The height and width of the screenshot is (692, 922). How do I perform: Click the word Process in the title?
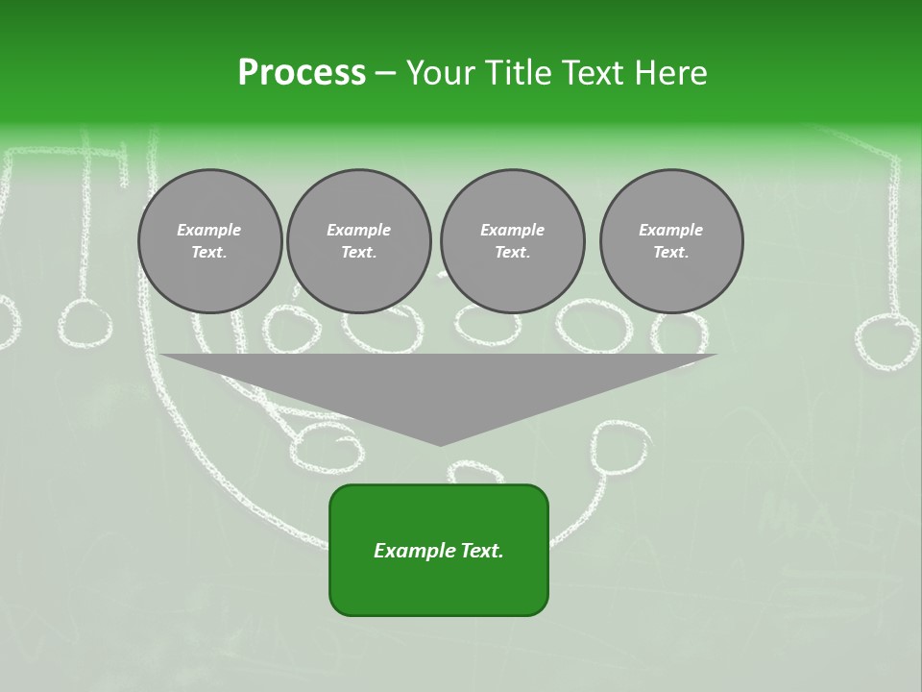point(302,73)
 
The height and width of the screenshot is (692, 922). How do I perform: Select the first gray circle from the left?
point(209,241)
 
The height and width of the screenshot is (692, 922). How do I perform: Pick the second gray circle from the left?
point(358,241)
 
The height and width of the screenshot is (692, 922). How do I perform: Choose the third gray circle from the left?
point(512,241)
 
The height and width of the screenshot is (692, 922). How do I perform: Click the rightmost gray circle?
point(671,241)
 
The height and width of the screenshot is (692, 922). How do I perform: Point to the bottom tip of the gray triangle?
point(440,445)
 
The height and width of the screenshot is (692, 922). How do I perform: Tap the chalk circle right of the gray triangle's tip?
point(619,446)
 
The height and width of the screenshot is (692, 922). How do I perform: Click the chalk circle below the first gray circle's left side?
point(85,323)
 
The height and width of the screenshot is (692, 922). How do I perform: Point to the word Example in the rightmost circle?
point(671,230)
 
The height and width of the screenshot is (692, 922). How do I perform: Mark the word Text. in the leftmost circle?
point(209,253)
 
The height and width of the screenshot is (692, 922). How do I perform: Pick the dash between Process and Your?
point(385,73)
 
